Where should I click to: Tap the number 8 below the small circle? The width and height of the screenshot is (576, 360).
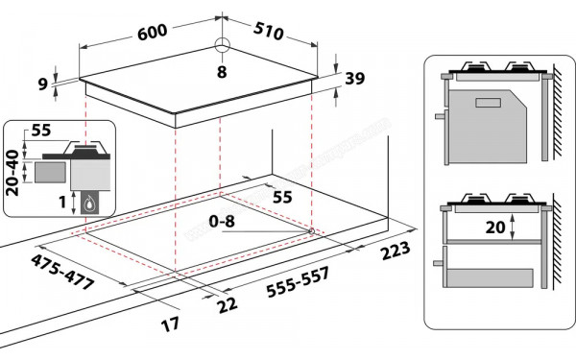[x=222, y=71]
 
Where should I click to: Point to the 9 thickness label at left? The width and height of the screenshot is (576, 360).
[x=43, y=84]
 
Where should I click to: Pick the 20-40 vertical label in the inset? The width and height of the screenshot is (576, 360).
[x=12, y=174]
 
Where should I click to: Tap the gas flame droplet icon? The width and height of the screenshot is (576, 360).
[x=92, y=203]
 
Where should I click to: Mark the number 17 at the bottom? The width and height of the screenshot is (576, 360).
[x=171, y=324]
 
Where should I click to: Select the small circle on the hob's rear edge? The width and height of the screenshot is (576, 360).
[x=222, y=44]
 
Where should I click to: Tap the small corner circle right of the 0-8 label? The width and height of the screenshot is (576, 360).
[x=312, y=230]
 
